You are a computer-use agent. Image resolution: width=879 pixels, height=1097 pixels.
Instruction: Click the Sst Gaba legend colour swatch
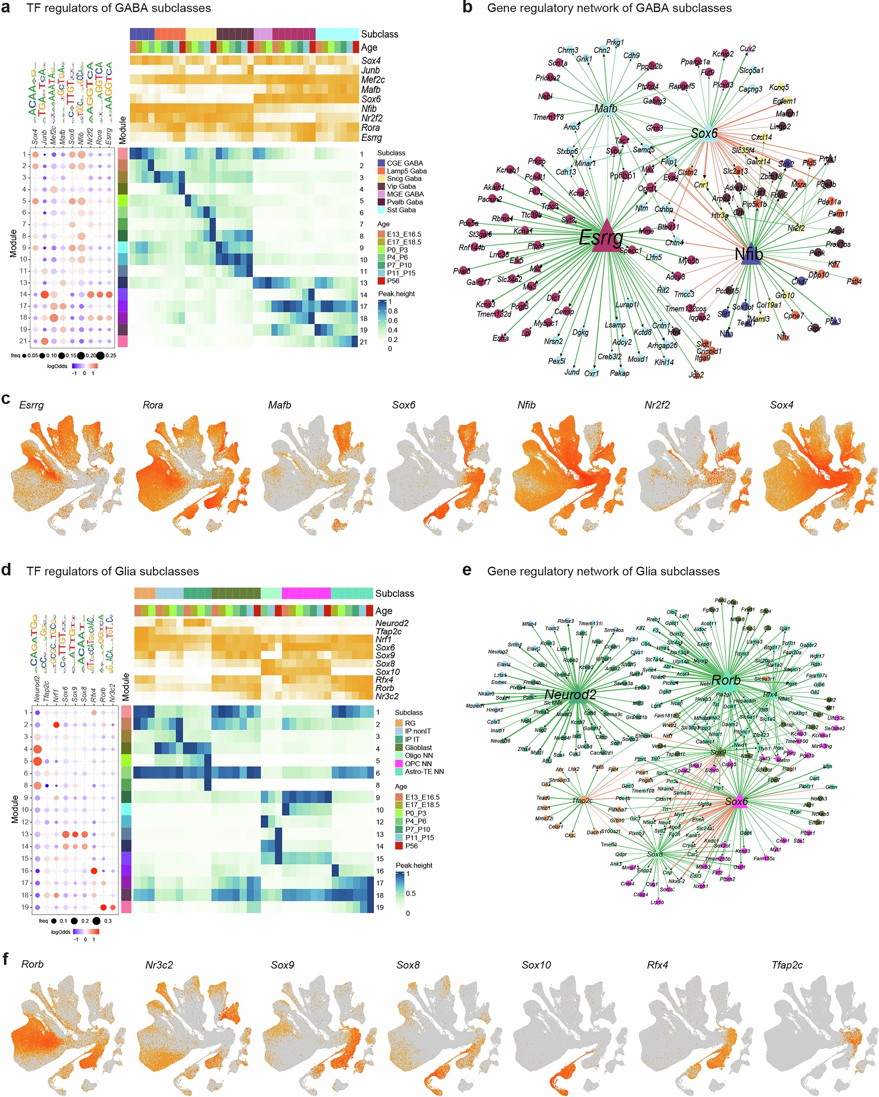tap(381, 210)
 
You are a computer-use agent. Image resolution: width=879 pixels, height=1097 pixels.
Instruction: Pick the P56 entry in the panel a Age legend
tap(382, 281)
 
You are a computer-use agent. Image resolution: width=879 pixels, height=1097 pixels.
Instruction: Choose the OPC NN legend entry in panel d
tap(418, 763)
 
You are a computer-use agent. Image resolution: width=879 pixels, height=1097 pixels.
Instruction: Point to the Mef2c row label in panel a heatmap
tap(373, 80)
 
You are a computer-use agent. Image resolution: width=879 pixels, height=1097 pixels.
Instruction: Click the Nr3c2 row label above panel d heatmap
tap(387, 696)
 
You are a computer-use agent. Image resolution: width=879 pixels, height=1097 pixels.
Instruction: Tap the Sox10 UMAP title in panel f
tap(536, 965)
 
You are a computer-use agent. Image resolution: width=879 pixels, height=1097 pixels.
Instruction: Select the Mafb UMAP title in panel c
tap(279, 405)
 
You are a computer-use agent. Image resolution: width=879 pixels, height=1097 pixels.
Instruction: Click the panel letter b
tap(467, 7)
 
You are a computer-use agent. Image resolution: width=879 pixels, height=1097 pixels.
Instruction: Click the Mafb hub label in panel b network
tap(605, 108)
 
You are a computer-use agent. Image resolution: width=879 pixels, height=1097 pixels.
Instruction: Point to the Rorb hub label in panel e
tap(726, 680)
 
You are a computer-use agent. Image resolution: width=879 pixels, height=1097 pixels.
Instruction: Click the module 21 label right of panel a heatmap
tap(363, 342)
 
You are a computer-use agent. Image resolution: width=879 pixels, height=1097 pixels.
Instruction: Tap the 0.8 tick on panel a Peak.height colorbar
tap(393, 311)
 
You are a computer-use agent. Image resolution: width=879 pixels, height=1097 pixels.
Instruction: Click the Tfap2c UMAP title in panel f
tap(787, 965)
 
